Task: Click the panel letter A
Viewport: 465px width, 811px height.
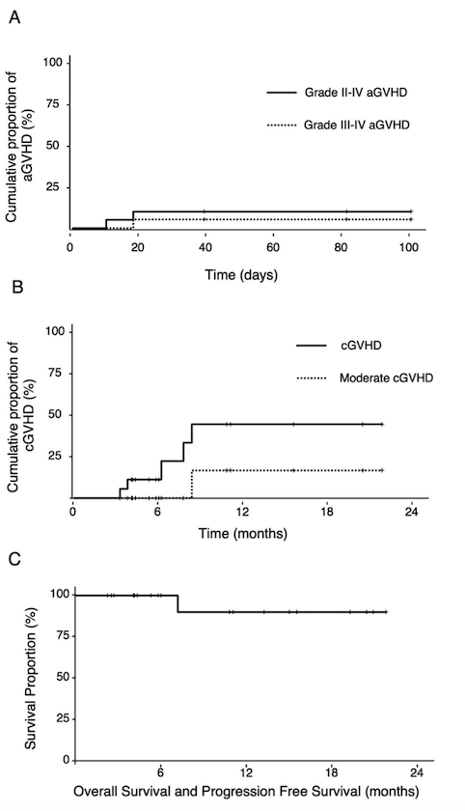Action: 15,17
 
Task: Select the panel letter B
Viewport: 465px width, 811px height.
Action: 16,287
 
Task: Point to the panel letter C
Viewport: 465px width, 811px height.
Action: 16,559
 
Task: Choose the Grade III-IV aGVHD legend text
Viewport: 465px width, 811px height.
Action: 357,125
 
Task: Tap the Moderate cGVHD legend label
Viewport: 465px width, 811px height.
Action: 386,378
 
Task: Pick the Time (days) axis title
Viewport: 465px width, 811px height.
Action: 241,274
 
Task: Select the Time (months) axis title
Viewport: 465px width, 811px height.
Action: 243,533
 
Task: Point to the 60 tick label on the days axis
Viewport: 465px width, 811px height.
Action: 273,247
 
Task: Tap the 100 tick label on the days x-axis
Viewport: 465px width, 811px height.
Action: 409,247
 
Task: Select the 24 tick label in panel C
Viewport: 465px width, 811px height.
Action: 417,773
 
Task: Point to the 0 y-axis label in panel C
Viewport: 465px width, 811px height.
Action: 67,761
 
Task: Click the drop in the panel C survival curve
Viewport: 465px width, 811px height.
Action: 178,603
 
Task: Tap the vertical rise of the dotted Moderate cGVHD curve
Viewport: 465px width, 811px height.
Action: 192,484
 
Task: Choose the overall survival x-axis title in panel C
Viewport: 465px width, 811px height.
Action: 246,792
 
